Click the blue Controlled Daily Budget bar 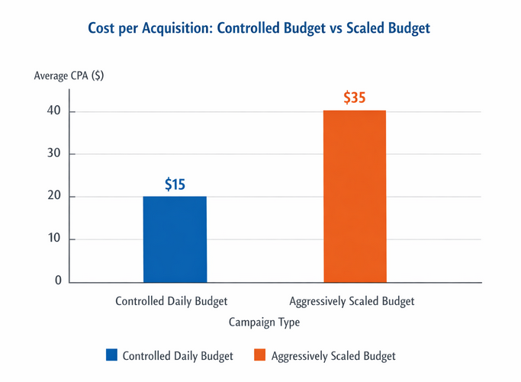click(175, 239)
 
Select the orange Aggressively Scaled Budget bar click(355, 196)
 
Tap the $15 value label click(175, 185)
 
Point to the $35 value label click(355, 98)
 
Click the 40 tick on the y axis click(53, 112)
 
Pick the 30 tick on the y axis click(53, 154)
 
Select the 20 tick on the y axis click(53, 197)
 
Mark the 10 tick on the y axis click(53, 239)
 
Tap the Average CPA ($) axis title click(69, 75)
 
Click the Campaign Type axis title click(265, 323)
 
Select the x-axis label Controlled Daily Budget click(172, 301)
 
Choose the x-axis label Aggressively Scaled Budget click(352, 301)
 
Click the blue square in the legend click(112, 355)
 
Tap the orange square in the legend click(259, 355)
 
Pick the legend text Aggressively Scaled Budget click(333, 356)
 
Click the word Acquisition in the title click(174, 29)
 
